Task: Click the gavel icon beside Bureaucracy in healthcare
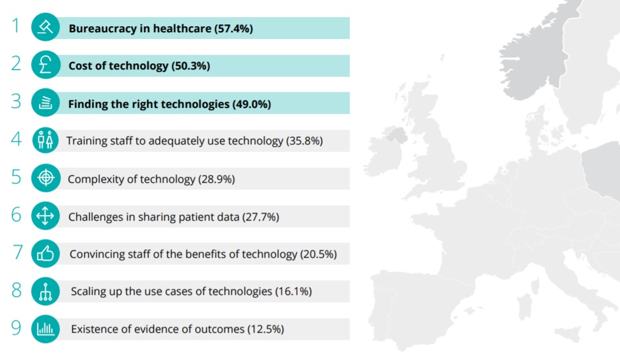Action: (46, 27)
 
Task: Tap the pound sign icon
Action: (46, 65)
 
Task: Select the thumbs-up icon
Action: (46, 253)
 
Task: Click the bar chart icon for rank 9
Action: (46, 329)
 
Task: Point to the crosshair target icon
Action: (46, 178)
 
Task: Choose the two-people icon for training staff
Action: (46, 140)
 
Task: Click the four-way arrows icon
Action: (46, 216)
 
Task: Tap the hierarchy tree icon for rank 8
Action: (46, 291)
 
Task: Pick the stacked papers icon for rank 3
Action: (46, 102)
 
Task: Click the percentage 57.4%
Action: (234, 29)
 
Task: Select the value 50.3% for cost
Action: (191, 66)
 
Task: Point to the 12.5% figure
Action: (266, 329)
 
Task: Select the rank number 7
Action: (18, 252)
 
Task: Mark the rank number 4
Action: (16, 139)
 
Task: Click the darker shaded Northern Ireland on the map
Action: (396, 135)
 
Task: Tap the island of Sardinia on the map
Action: (524, 306)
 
